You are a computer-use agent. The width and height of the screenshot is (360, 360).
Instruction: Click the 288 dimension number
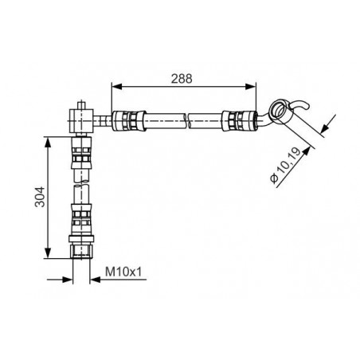[x=182, y=79]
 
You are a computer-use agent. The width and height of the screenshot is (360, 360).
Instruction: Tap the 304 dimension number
[x=40, y=197]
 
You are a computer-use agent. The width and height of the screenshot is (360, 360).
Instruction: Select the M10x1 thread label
[x=123, y=272]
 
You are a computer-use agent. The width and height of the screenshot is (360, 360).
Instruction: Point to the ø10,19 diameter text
[x=285, y=165]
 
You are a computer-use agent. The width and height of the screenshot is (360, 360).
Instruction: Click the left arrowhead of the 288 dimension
[x=116, y=86]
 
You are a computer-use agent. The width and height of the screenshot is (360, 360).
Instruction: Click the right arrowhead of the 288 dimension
[x=251, y=86]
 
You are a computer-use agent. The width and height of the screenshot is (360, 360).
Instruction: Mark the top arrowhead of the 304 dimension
[x=48, y=142]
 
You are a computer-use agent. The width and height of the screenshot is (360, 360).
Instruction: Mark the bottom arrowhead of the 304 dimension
[x=48, y=252]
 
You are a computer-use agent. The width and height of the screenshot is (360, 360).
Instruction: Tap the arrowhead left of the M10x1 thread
[x=68, y=280]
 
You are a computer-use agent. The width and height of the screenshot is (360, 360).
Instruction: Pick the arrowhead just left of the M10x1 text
[x=95, y=280]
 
